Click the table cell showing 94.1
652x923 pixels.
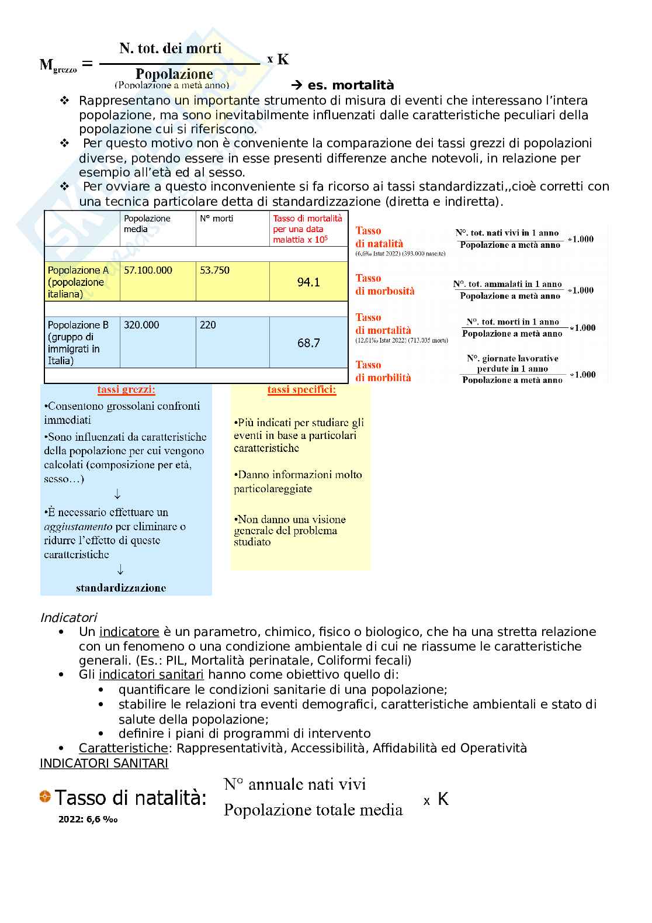tap(308, 282)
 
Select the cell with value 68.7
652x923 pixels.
tap(308, 343)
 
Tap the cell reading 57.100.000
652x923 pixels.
tap(148, 270)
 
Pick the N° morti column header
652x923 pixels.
tap(217, 219)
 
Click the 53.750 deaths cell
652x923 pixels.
tap(214, 270)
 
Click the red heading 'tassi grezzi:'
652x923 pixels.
tap(126, 389)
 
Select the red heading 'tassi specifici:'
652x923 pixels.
tap(301, 389)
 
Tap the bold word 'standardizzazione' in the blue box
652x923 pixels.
tap(121, 588)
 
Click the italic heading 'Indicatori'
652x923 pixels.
tap(68, 617)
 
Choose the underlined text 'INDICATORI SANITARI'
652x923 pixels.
tap(103, 763)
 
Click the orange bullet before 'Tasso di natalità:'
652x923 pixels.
tap(45, 796)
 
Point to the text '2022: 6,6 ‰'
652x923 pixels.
tap(88, 820)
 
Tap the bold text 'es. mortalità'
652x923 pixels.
tap(351, 85)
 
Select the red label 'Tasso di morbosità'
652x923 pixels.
tap(385, 285)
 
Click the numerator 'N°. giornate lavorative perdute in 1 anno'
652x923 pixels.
tap(512, 363)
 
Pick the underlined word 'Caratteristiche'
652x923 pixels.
tap(123, 748)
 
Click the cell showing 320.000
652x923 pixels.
tap(141, 325)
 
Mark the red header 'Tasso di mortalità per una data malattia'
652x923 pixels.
tap(308, 229)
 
